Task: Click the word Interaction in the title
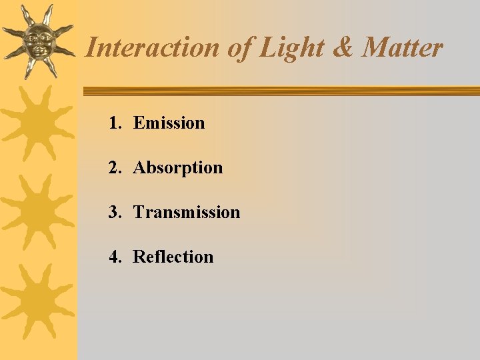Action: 152,48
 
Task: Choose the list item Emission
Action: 169,123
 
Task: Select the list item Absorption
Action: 178,167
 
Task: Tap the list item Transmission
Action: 187,212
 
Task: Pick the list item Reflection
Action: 173,257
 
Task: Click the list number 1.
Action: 115,123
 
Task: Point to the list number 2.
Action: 115,167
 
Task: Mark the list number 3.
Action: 115,212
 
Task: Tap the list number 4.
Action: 115,257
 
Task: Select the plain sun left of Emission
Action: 37,124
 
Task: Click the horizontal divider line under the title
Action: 280,91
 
